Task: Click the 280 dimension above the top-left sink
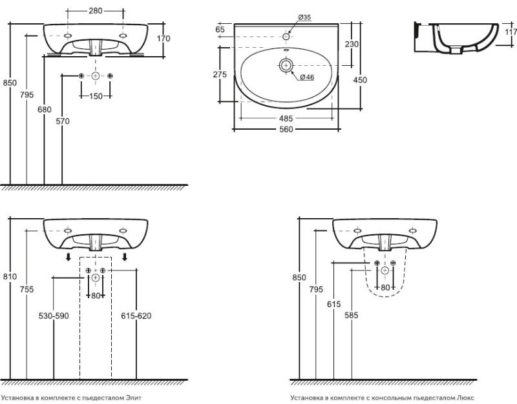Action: point(95,11)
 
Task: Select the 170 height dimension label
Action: point(164,39)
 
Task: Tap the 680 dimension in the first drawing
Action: point(44,109)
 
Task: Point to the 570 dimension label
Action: point(63,121)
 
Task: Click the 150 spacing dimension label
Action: point(96,96)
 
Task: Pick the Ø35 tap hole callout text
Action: point(304,17)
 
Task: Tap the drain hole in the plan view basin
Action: point(286,66)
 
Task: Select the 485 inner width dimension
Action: point(286,118)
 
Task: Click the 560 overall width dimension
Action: point(286,130)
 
